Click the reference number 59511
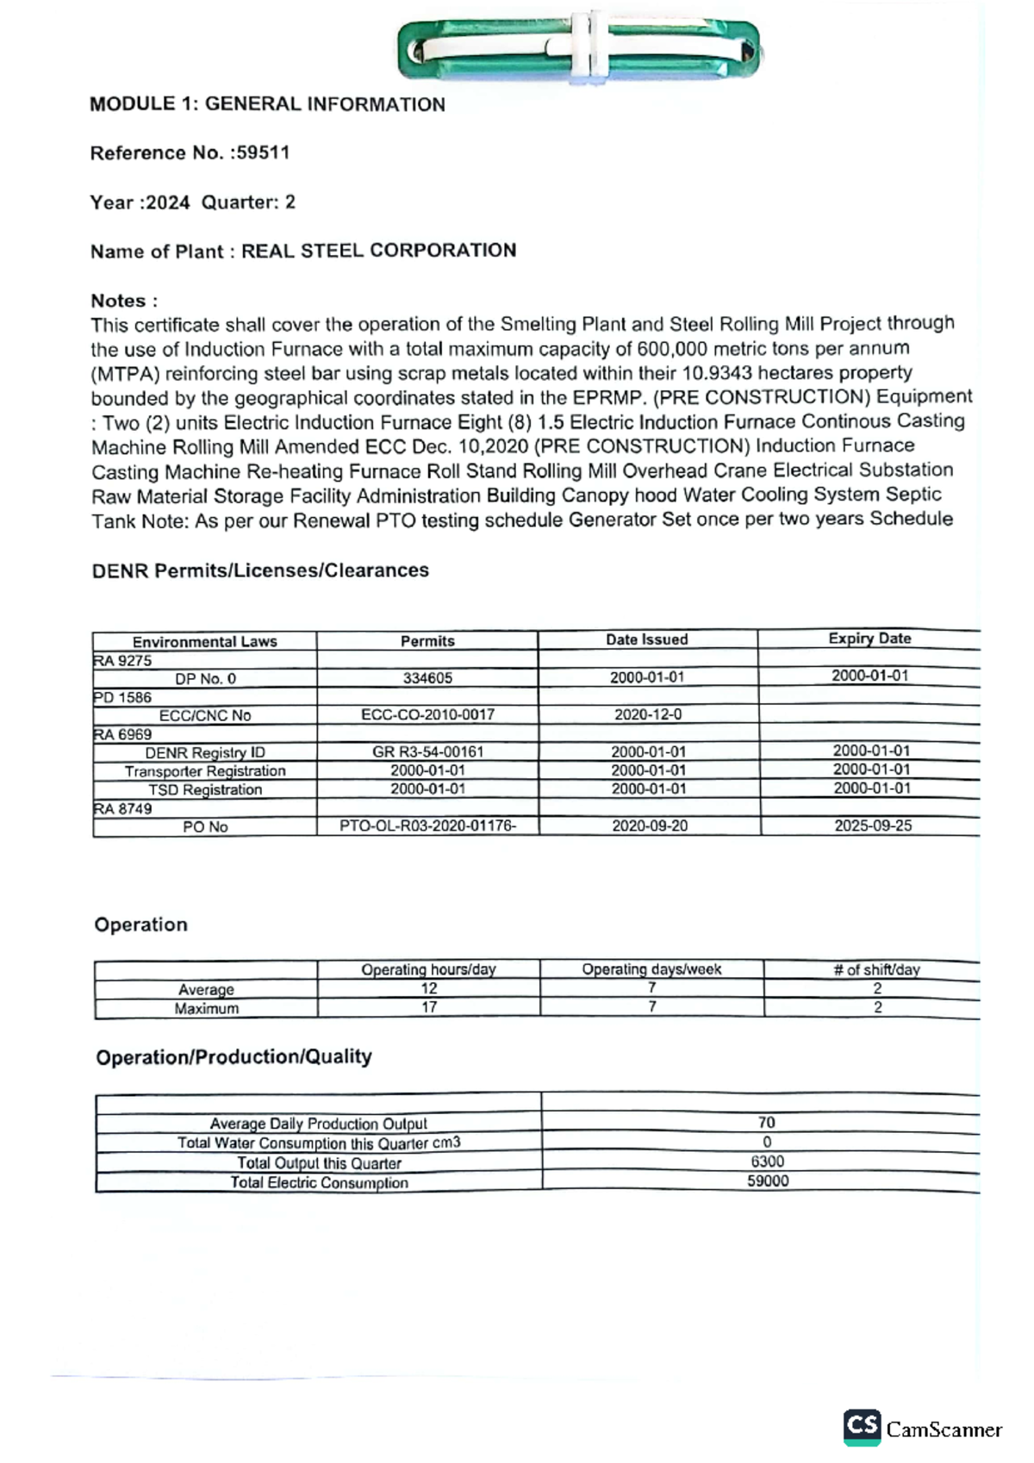point(263,153)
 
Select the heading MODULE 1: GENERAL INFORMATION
point(267,104)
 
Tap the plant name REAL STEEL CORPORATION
point(378,251)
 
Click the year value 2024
point(167,202)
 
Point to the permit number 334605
point(427,678)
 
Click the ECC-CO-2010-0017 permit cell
point(427,714)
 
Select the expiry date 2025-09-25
point(872,825)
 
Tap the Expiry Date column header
point(869,638)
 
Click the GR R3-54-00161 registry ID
point(427,751)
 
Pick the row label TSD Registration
point(205,789)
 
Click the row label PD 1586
point(122,697)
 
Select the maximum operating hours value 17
point(428,1007)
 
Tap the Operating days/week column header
point(651,969)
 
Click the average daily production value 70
point(766,1123)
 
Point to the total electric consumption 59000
point(767,1181)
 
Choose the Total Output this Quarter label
point(319,1163)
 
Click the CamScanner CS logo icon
point(862,1426)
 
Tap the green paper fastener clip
point(579,49)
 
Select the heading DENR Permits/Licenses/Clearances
point(260,570)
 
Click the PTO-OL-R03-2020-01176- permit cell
point(427,825)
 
